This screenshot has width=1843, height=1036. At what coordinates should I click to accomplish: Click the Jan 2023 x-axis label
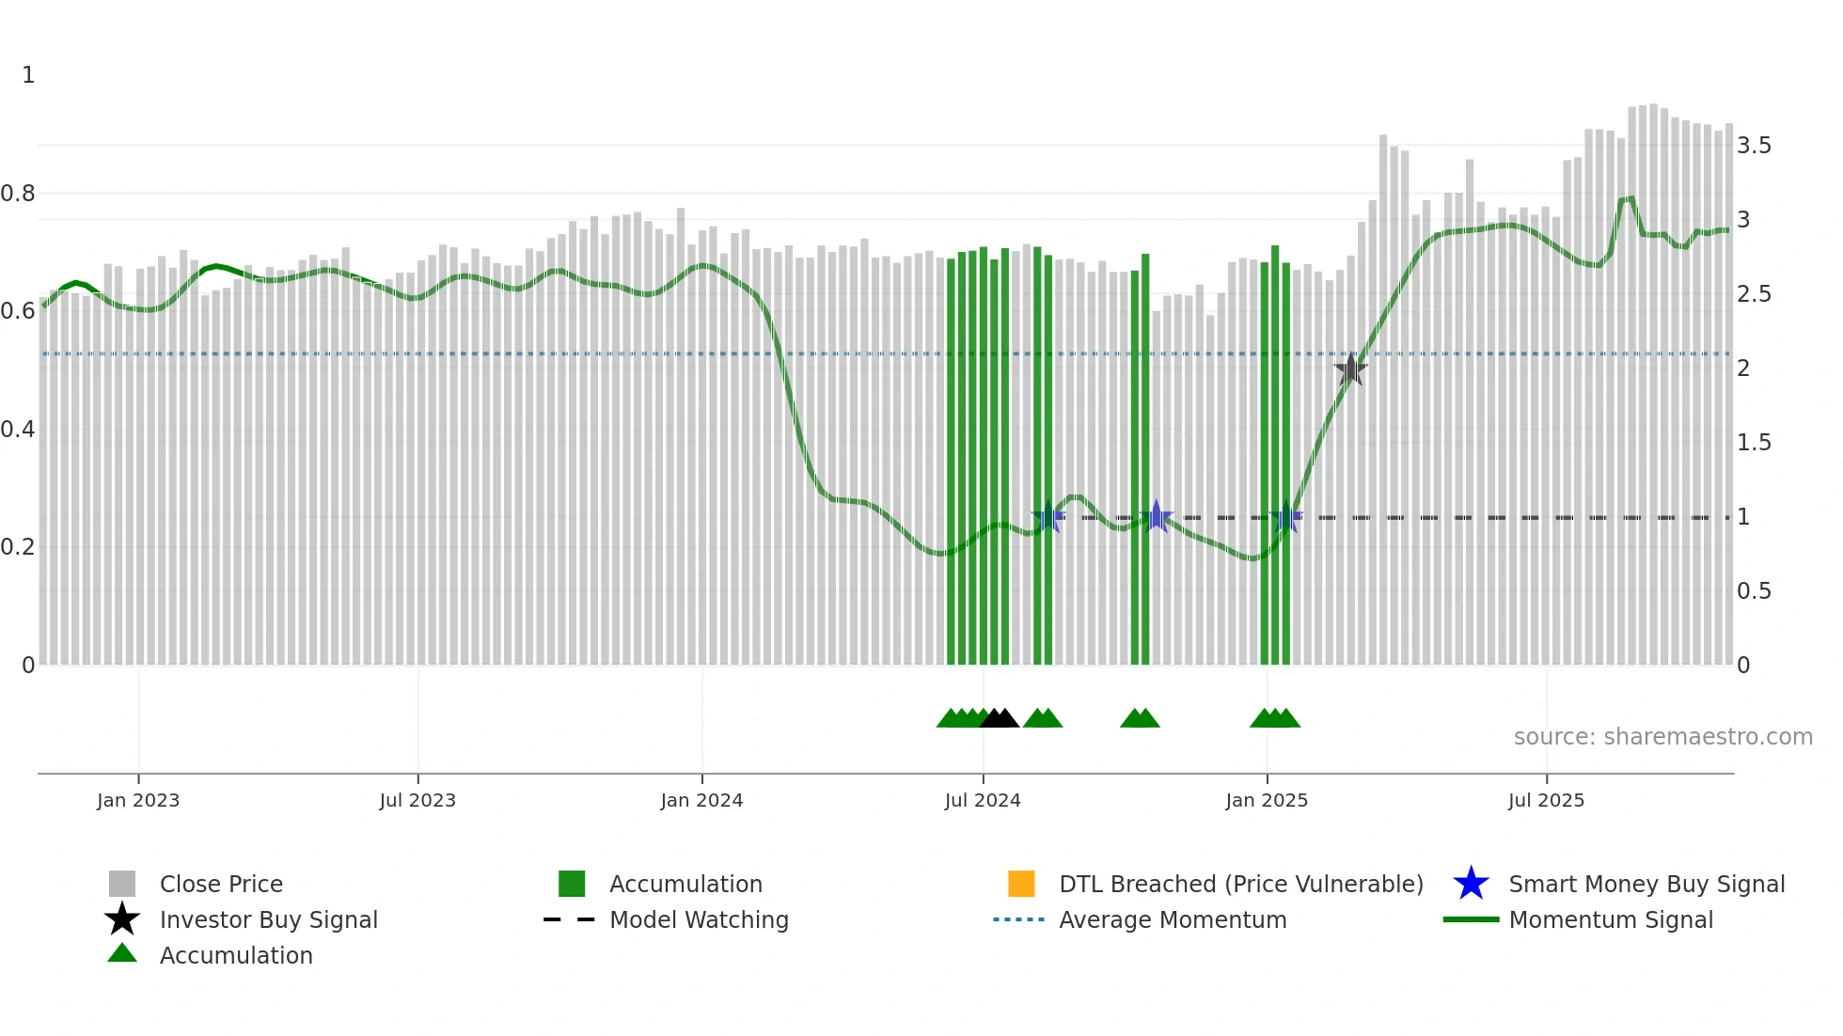(138, 800)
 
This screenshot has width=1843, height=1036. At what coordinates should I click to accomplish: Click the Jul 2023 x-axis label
(417, 800)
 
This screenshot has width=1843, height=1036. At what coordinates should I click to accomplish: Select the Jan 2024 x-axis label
(701, 800)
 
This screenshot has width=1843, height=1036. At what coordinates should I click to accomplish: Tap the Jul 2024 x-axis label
(983, 800)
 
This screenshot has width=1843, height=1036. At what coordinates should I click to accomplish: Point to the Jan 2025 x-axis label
(1267, 800)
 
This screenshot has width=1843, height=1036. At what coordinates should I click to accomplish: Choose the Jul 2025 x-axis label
(1546, 800)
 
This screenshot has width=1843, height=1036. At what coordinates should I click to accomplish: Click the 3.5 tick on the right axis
(1754, 146)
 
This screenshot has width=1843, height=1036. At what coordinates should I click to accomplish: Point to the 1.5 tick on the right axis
(1754, 443)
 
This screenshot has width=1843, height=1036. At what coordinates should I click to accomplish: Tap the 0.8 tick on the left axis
(18, 194)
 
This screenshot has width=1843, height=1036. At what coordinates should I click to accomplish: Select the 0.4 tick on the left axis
(18, 430)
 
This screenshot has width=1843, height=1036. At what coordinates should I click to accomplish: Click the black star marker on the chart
(1350, 369)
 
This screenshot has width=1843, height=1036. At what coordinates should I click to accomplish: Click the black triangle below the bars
(999, 718)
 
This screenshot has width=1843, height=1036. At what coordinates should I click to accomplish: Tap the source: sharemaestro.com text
(1662, 737)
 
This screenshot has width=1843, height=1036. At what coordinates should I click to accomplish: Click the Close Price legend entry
(221, 884)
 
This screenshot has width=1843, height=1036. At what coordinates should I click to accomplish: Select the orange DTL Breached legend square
(1021, 884)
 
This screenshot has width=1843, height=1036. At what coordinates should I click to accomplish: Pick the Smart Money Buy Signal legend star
(1471, 884)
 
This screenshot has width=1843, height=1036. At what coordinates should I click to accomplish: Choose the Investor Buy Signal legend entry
(268, 919)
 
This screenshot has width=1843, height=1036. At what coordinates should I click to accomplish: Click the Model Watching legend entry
(699, 919)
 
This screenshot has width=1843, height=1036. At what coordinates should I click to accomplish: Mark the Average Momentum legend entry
(1173, 919)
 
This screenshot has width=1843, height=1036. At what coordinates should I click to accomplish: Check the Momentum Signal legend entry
(1611, 919)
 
